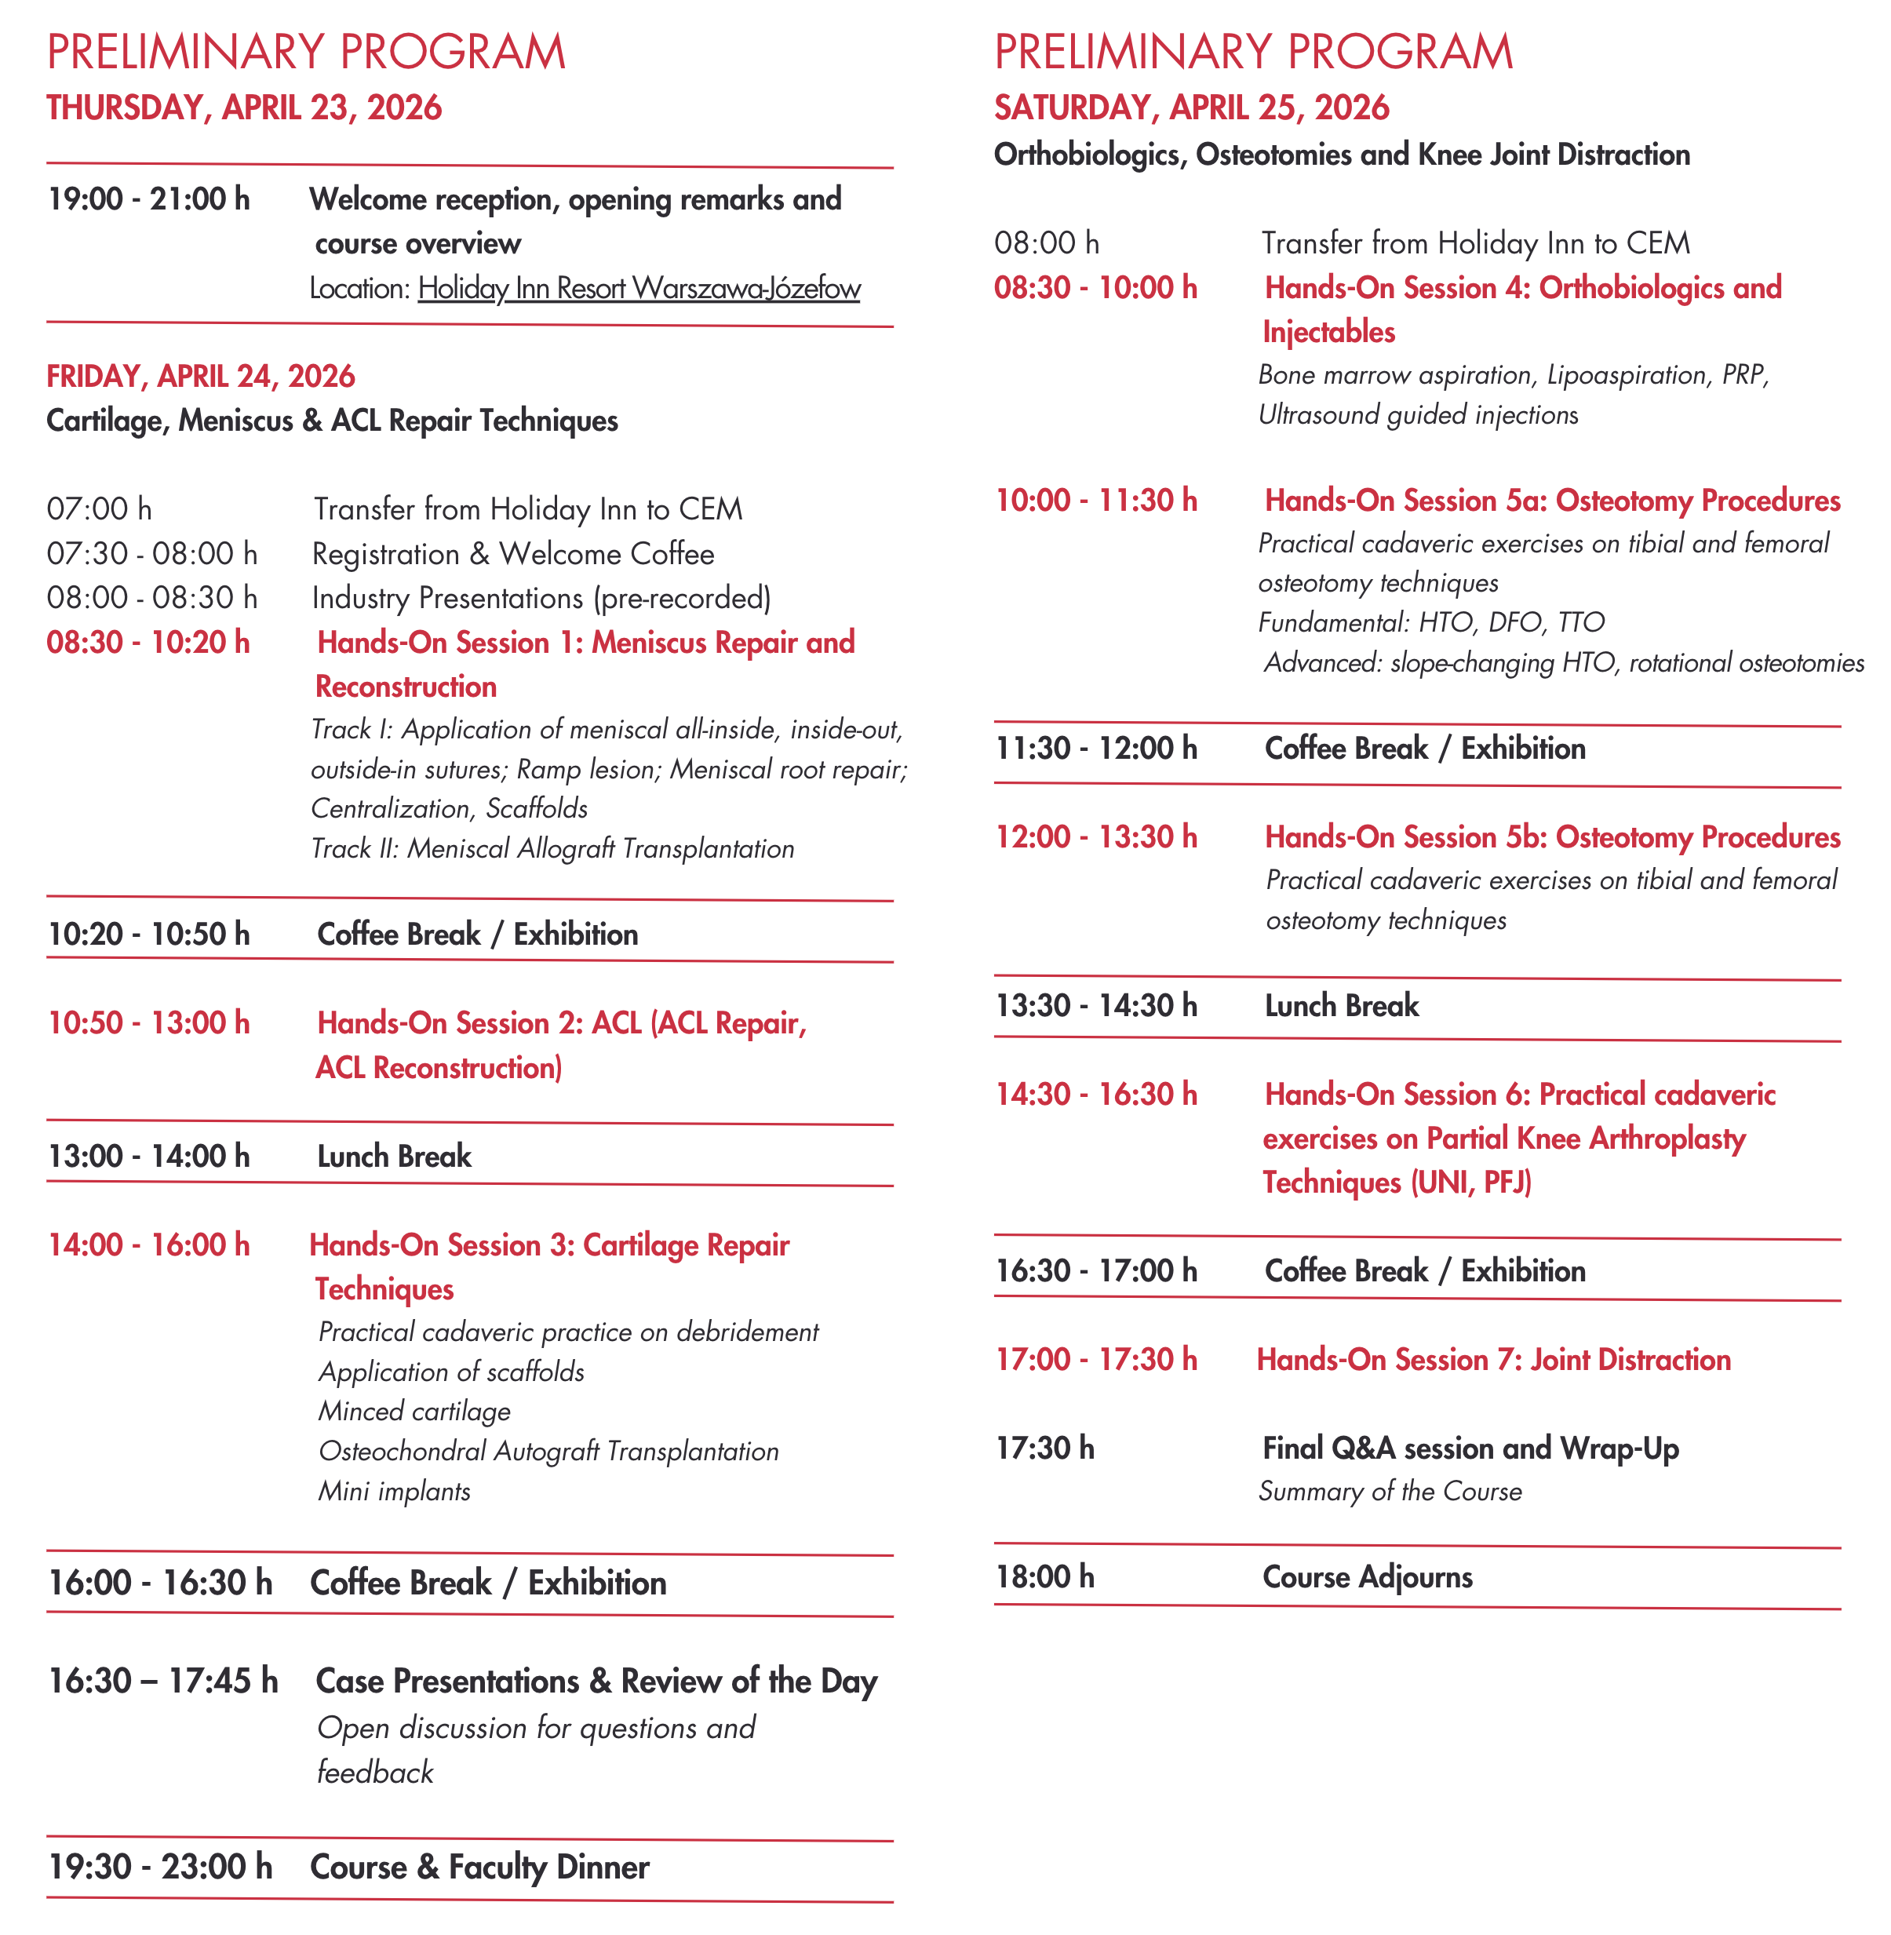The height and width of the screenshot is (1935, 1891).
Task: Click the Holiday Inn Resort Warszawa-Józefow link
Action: pos(639,288)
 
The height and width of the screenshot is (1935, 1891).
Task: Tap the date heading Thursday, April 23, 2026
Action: pos(244,107)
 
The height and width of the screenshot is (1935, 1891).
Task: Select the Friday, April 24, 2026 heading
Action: pos(201,376)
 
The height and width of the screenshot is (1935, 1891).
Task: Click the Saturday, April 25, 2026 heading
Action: pos(1192,107)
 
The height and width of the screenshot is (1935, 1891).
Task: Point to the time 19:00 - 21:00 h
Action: pos(149,199)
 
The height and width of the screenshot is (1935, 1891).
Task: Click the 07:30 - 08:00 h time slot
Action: pos(152,553)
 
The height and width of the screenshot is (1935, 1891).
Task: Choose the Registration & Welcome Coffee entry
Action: pos(512,553)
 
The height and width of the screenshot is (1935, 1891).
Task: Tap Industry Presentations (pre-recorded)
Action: pos(541,598)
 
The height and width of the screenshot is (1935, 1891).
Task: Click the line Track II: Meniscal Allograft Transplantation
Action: pos(552,848)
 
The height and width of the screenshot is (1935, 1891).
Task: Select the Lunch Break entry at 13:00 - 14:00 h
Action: pos(395,1157)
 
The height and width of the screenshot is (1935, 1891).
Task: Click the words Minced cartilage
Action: pos(414,1412)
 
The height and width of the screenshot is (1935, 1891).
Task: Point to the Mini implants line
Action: pos(395,1491)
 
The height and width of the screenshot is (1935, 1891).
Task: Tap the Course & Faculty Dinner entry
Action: pos(479,1868)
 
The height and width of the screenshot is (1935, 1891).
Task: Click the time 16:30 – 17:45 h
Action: pos(164,1681)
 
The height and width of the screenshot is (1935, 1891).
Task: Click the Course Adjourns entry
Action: pos(1368,1577)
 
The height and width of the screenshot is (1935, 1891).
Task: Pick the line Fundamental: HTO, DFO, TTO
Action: pos(1431,623)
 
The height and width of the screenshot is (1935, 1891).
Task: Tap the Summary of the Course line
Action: pos(1390,1491)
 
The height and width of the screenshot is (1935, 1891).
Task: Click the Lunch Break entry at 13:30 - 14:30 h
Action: pos(1342,1006)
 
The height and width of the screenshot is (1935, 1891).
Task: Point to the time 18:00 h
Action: pos(1045,1577)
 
